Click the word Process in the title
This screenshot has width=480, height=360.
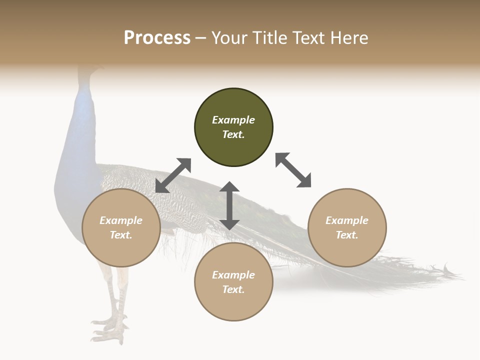click(157, 38)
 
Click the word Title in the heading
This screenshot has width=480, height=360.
click(270, 38)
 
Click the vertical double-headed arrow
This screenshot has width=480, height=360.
click(229, 206)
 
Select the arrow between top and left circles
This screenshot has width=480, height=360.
click(173, 175)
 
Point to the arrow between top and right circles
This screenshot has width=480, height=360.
click(293, 170)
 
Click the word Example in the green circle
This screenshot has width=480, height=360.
click(233, 120)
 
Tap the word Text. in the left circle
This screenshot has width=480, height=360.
click(121, 235)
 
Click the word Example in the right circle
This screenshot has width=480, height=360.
click(347, 220)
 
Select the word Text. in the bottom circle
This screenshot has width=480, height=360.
click(233, 289)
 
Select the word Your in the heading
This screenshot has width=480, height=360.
click(229, 38)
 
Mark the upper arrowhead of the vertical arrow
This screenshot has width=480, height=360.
click(229, 187)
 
